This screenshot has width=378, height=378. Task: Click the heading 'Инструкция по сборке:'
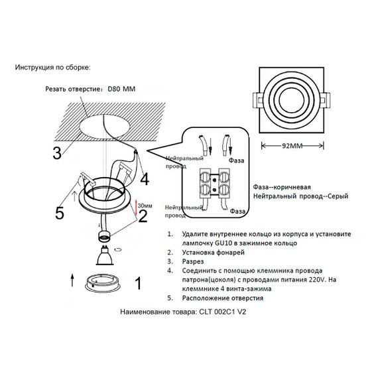click(x=51, y=68)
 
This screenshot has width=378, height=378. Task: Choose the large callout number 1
click(x=138, y=284)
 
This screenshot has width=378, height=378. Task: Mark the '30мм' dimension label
click(x=145, y=206)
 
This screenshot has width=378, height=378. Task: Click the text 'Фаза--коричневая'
click(x=281, y=188)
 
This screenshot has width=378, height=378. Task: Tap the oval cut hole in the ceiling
click(x=105, y=126)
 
